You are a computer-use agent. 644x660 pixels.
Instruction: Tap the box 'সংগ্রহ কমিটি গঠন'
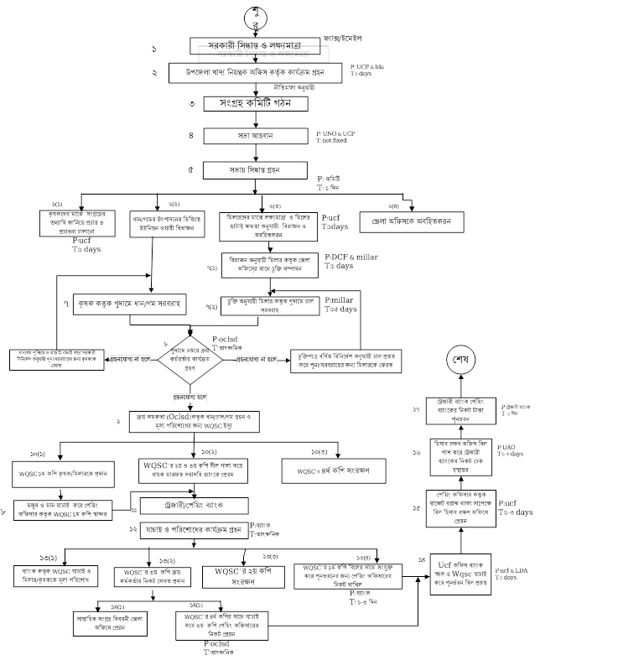tap(247, 104)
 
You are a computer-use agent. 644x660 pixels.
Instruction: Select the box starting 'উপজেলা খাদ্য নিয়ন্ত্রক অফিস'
tap(256, 73)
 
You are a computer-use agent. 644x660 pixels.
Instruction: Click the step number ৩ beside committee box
tap(191, 104)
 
